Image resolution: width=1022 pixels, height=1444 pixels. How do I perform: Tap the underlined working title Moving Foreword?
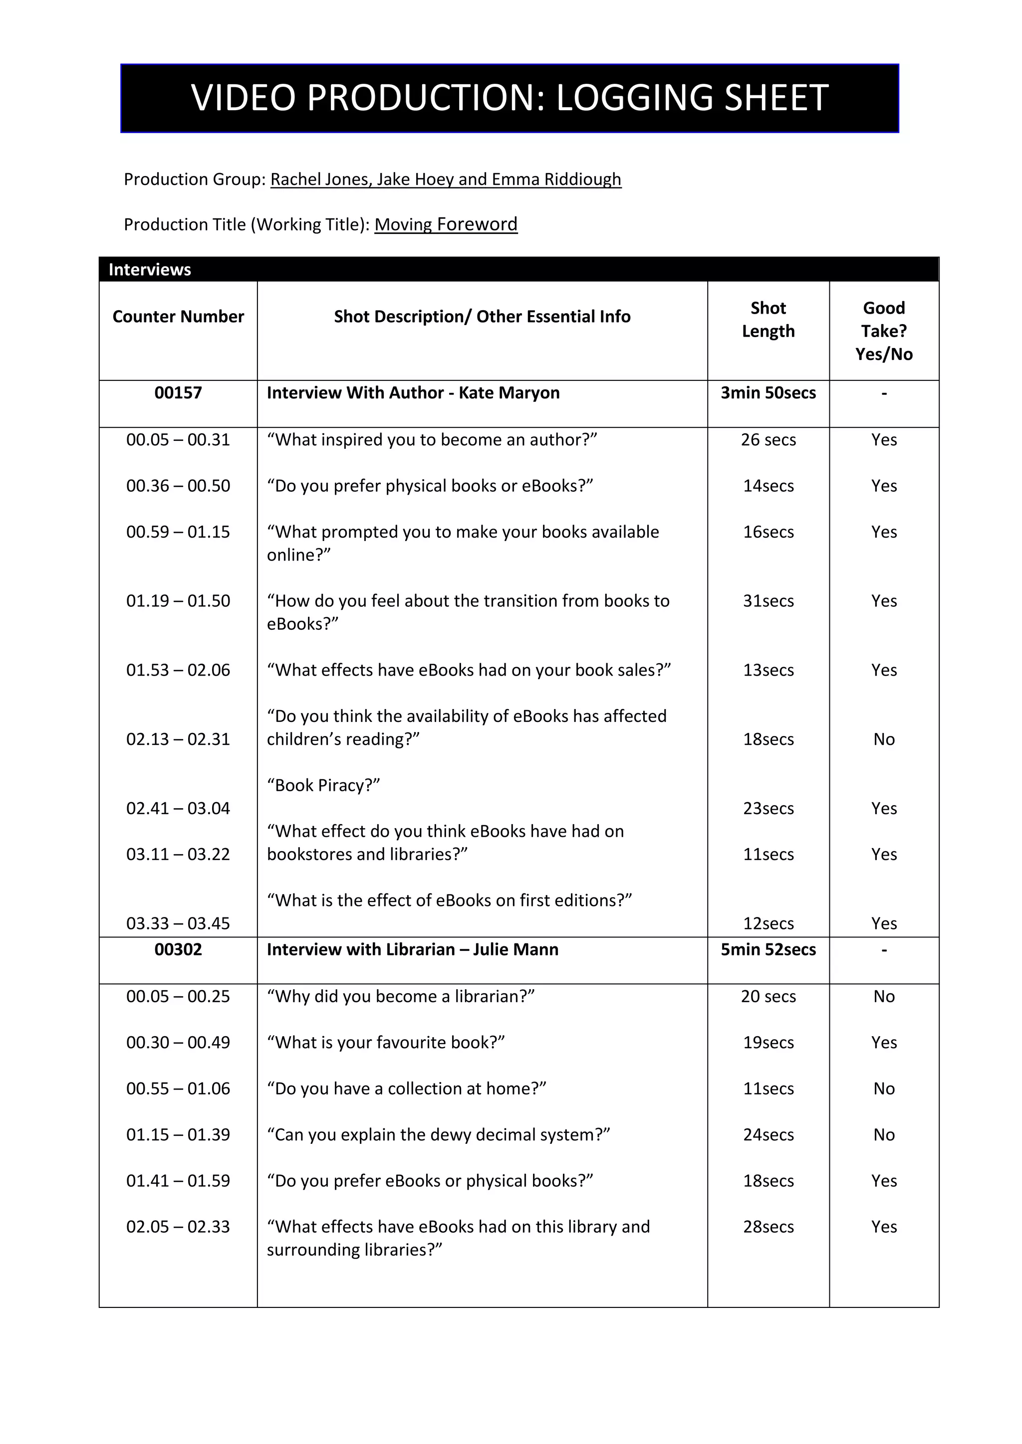tap(446, 224)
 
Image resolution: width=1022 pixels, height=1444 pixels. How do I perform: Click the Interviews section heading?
tap(150, 270)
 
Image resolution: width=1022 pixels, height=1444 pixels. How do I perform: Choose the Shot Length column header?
tap(768, 320)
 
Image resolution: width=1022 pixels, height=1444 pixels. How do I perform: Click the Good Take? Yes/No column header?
tap(884, 331)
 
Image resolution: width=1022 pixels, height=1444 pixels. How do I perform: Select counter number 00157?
tap(178, 393)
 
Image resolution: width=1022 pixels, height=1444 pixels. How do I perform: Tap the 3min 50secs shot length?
tap(768, 393)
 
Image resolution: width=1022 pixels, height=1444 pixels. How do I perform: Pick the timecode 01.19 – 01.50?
tap(178, 601)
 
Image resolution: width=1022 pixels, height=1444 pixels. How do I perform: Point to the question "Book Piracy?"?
tap(323, 785)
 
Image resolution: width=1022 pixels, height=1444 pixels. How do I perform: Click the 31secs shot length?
tap(768, 601)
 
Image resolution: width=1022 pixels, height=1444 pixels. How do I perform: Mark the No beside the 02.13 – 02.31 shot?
tap(884, 739)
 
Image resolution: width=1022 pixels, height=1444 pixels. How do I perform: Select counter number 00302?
tap(178, 950)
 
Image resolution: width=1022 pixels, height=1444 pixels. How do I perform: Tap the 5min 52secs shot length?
tap(768, 950)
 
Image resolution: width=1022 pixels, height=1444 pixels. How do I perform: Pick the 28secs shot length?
tap(768, 1227)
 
